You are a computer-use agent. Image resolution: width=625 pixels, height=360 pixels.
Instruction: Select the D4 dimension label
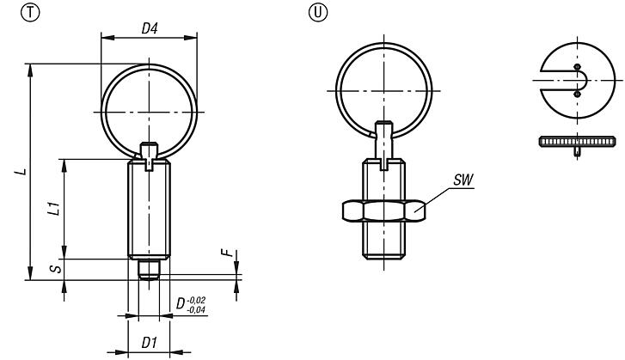pyautogui.click(x=150, y=28)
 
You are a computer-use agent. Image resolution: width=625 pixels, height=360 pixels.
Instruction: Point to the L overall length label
pyautogui.click(x=21, y=172)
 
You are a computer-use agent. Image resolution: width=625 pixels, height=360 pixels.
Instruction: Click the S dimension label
pyautogui.click(x=53, y=270)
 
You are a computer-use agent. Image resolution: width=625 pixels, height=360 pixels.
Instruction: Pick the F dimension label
pyautogui.click(x=226, y=254)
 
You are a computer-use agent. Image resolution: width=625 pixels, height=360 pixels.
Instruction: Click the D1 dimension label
pyautogui.click(x=148, y=342)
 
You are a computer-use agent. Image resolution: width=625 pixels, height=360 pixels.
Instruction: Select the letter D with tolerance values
pyautogui.click(x=181, y=303)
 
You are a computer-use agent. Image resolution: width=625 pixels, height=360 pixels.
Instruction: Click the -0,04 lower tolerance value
pyautogui.click(x=199, y=309)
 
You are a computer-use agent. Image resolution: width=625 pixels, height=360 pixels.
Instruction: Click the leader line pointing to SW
pyautogui.click(x=438, y=197)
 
